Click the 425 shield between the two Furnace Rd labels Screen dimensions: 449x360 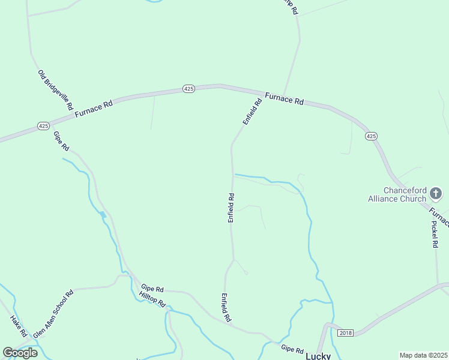tap(188, 89)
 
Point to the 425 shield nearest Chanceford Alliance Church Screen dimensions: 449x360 tap(371, 136)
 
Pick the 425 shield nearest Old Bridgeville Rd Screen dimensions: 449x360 tap(43, 126)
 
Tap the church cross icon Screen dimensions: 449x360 tap(436, 193)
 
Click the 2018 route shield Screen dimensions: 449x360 tap(345, 332)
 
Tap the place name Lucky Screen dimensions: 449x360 tap(318, 355)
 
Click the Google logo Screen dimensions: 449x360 tap(20, 352)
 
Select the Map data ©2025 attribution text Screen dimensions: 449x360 tap(423, 355)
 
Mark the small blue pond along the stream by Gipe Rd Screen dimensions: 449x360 tap(103, 214)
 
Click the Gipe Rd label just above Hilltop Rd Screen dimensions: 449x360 tap(152, 289)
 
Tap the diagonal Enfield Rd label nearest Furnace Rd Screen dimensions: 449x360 tap(253, 112)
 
